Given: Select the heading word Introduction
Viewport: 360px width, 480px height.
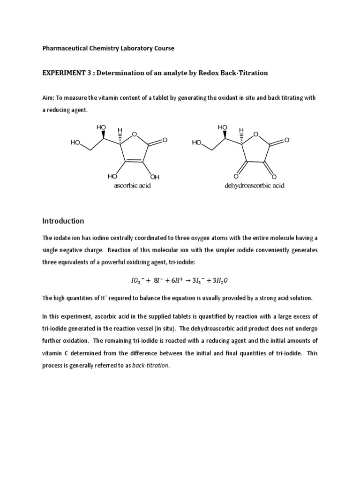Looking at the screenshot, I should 63,221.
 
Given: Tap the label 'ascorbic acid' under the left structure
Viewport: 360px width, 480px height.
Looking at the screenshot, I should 132,186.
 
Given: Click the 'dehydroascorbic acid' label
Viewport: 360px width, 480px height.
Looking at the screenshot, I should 255,186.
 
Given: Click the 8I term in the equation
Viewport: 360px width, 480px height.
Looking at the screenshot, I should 158,280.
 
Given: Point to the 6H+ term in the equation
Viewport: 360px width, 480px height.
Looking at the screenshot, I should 177,280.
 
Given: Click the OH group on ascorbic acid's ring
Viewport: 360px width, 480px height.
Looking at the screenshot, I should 155,177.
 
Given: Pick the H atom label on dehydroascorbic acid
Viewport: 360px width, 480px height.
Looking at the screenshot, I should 241,130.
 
